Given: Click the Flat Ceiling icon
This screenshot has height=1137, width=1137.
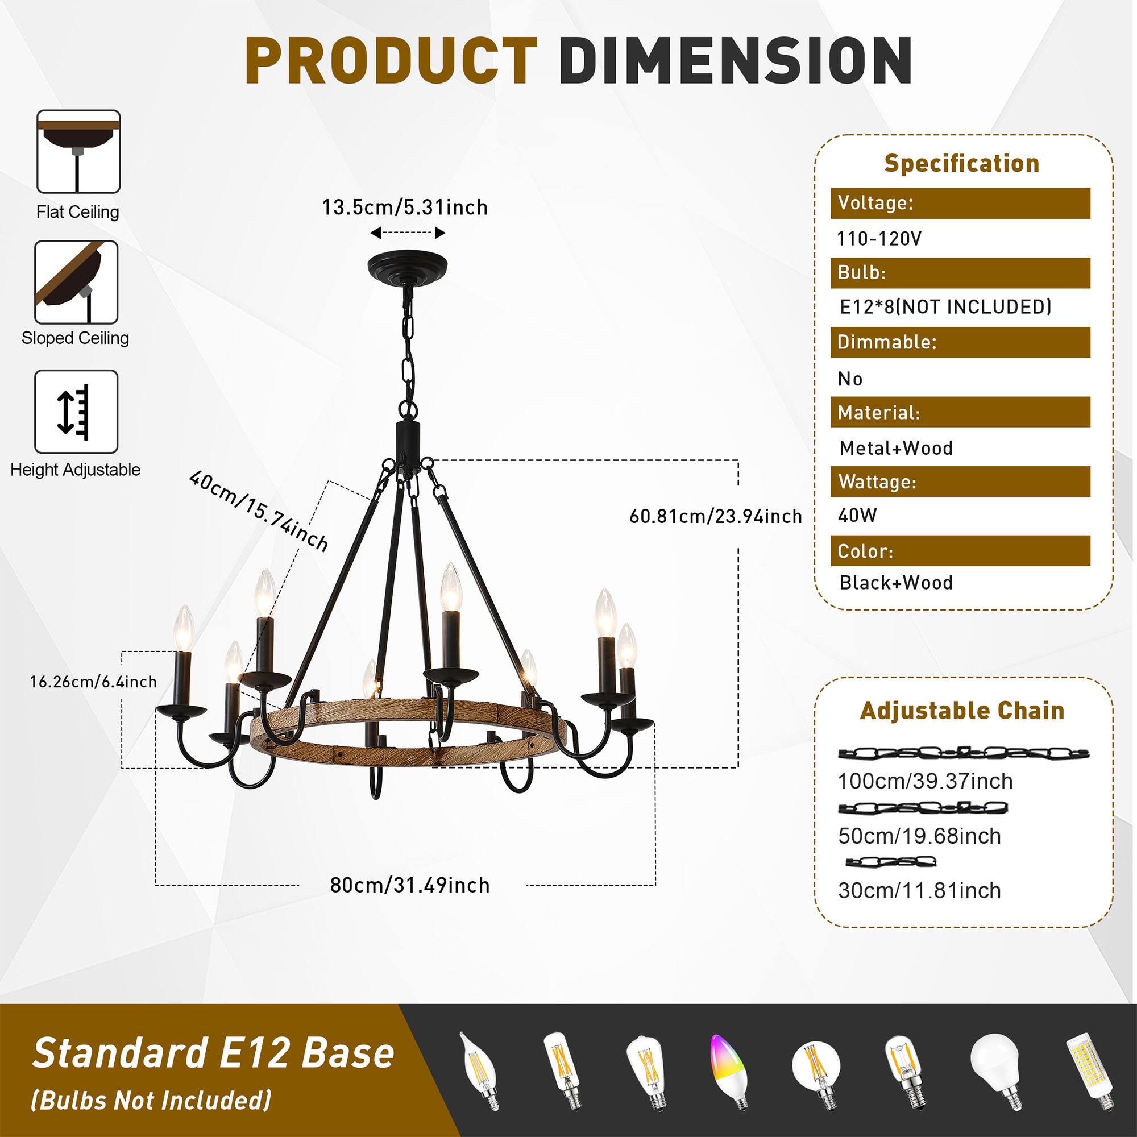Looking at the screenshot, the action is [78, 152].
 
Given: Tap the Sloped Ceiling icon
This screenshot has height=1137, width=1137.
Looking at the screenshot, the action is [76, 282].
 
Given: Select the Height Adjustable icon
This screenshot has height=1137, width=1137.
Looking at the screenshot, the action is [76, 412].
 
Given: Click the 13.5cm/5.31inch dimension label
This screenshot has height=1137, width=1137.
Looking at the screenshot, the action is [405, 208].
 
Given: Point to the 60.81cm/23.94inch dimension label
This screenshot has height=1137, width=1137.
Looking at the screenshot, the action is [716, 517].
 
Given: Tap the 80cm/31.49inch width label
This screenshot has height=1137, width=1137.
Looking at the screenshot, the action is [409, 885].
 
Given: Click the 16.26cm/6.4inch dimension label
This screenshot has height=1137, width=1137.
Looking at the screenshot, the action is [94, 682].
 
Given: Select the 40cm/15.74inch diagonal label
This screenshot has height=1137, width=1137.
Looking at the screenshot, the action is [258, 511].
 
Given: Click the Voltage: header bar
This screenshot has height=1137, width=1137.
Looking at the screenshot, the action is [960, 204].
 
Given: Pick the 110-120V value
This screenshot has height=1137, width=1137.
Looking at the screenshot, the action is [879, 239].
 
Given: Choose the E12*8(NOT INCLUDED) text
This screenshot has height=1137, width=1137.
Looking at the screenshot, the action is [945, 306].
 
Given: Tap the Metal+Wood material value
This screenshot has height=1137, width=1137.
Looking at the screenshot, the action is [896, 448].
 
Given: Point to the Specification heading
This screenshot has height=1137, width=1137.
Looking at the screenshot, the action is [962, 164].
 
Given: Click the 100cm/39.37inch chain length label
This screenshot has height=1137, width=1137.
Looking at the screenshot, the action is [925, 781].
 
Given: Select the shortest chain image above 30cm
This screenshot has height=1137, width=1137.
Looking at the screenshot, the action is [890, 862].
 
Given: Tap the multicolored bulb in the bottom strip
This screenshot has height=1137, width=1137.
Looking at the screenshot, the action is [730, 1071].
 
